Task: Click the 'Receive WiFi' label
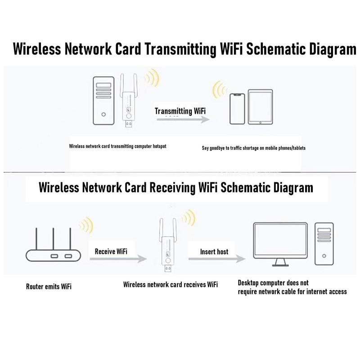[x=111, y=251]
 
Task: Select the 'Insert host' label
[x=214, y=252]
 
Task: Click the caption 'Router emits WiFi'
[x=49, y=286]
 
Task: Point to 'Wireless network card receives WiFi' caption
[x=171, y=284]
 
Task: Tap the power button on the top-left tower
[x=104, y=114]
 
